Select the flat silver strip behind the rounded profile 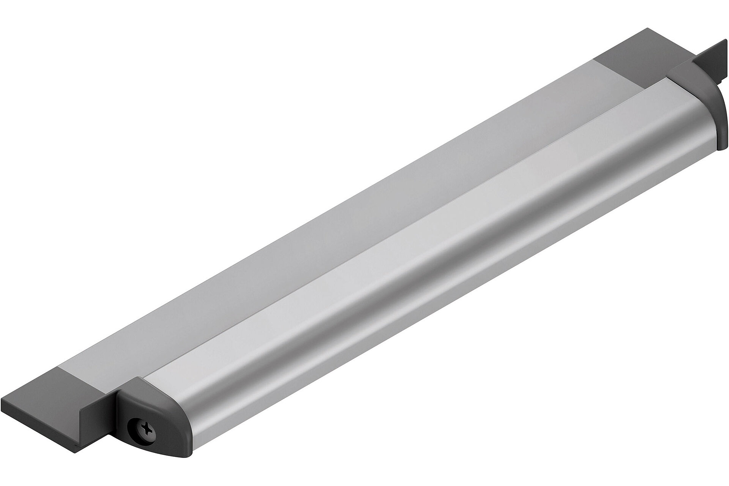click(342, 220)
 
